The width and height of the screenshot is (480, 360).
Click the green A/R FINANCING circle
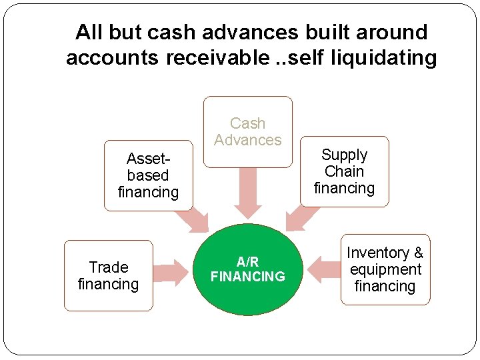[x=248, y=270]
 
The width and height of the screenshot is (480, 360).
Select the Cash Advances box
[x=248, y=131]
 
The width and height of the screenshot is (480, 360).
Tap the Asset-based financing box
[x=148, y=176]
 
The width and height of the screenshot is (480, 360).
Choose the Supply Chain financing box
[x=344, y=171]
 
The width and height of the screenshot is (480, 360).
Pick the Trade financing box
[x=108, y=275]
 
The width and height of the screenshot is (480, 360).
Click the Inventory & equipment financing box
[x=385, y=269]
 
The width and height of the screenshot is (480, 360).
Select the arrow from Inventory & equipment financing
[x=325, y=269]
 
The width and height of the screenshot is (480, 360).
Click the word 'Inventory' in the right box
[x=378, y=253]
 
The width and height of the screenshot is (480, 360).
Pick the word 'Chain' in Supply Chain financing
[x=344, y=171]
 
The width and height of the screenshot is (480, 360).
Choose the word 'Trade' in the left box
[x=108, y=267]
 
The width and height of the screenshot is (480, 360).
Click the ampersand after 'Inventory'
[x=418, y=253]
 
